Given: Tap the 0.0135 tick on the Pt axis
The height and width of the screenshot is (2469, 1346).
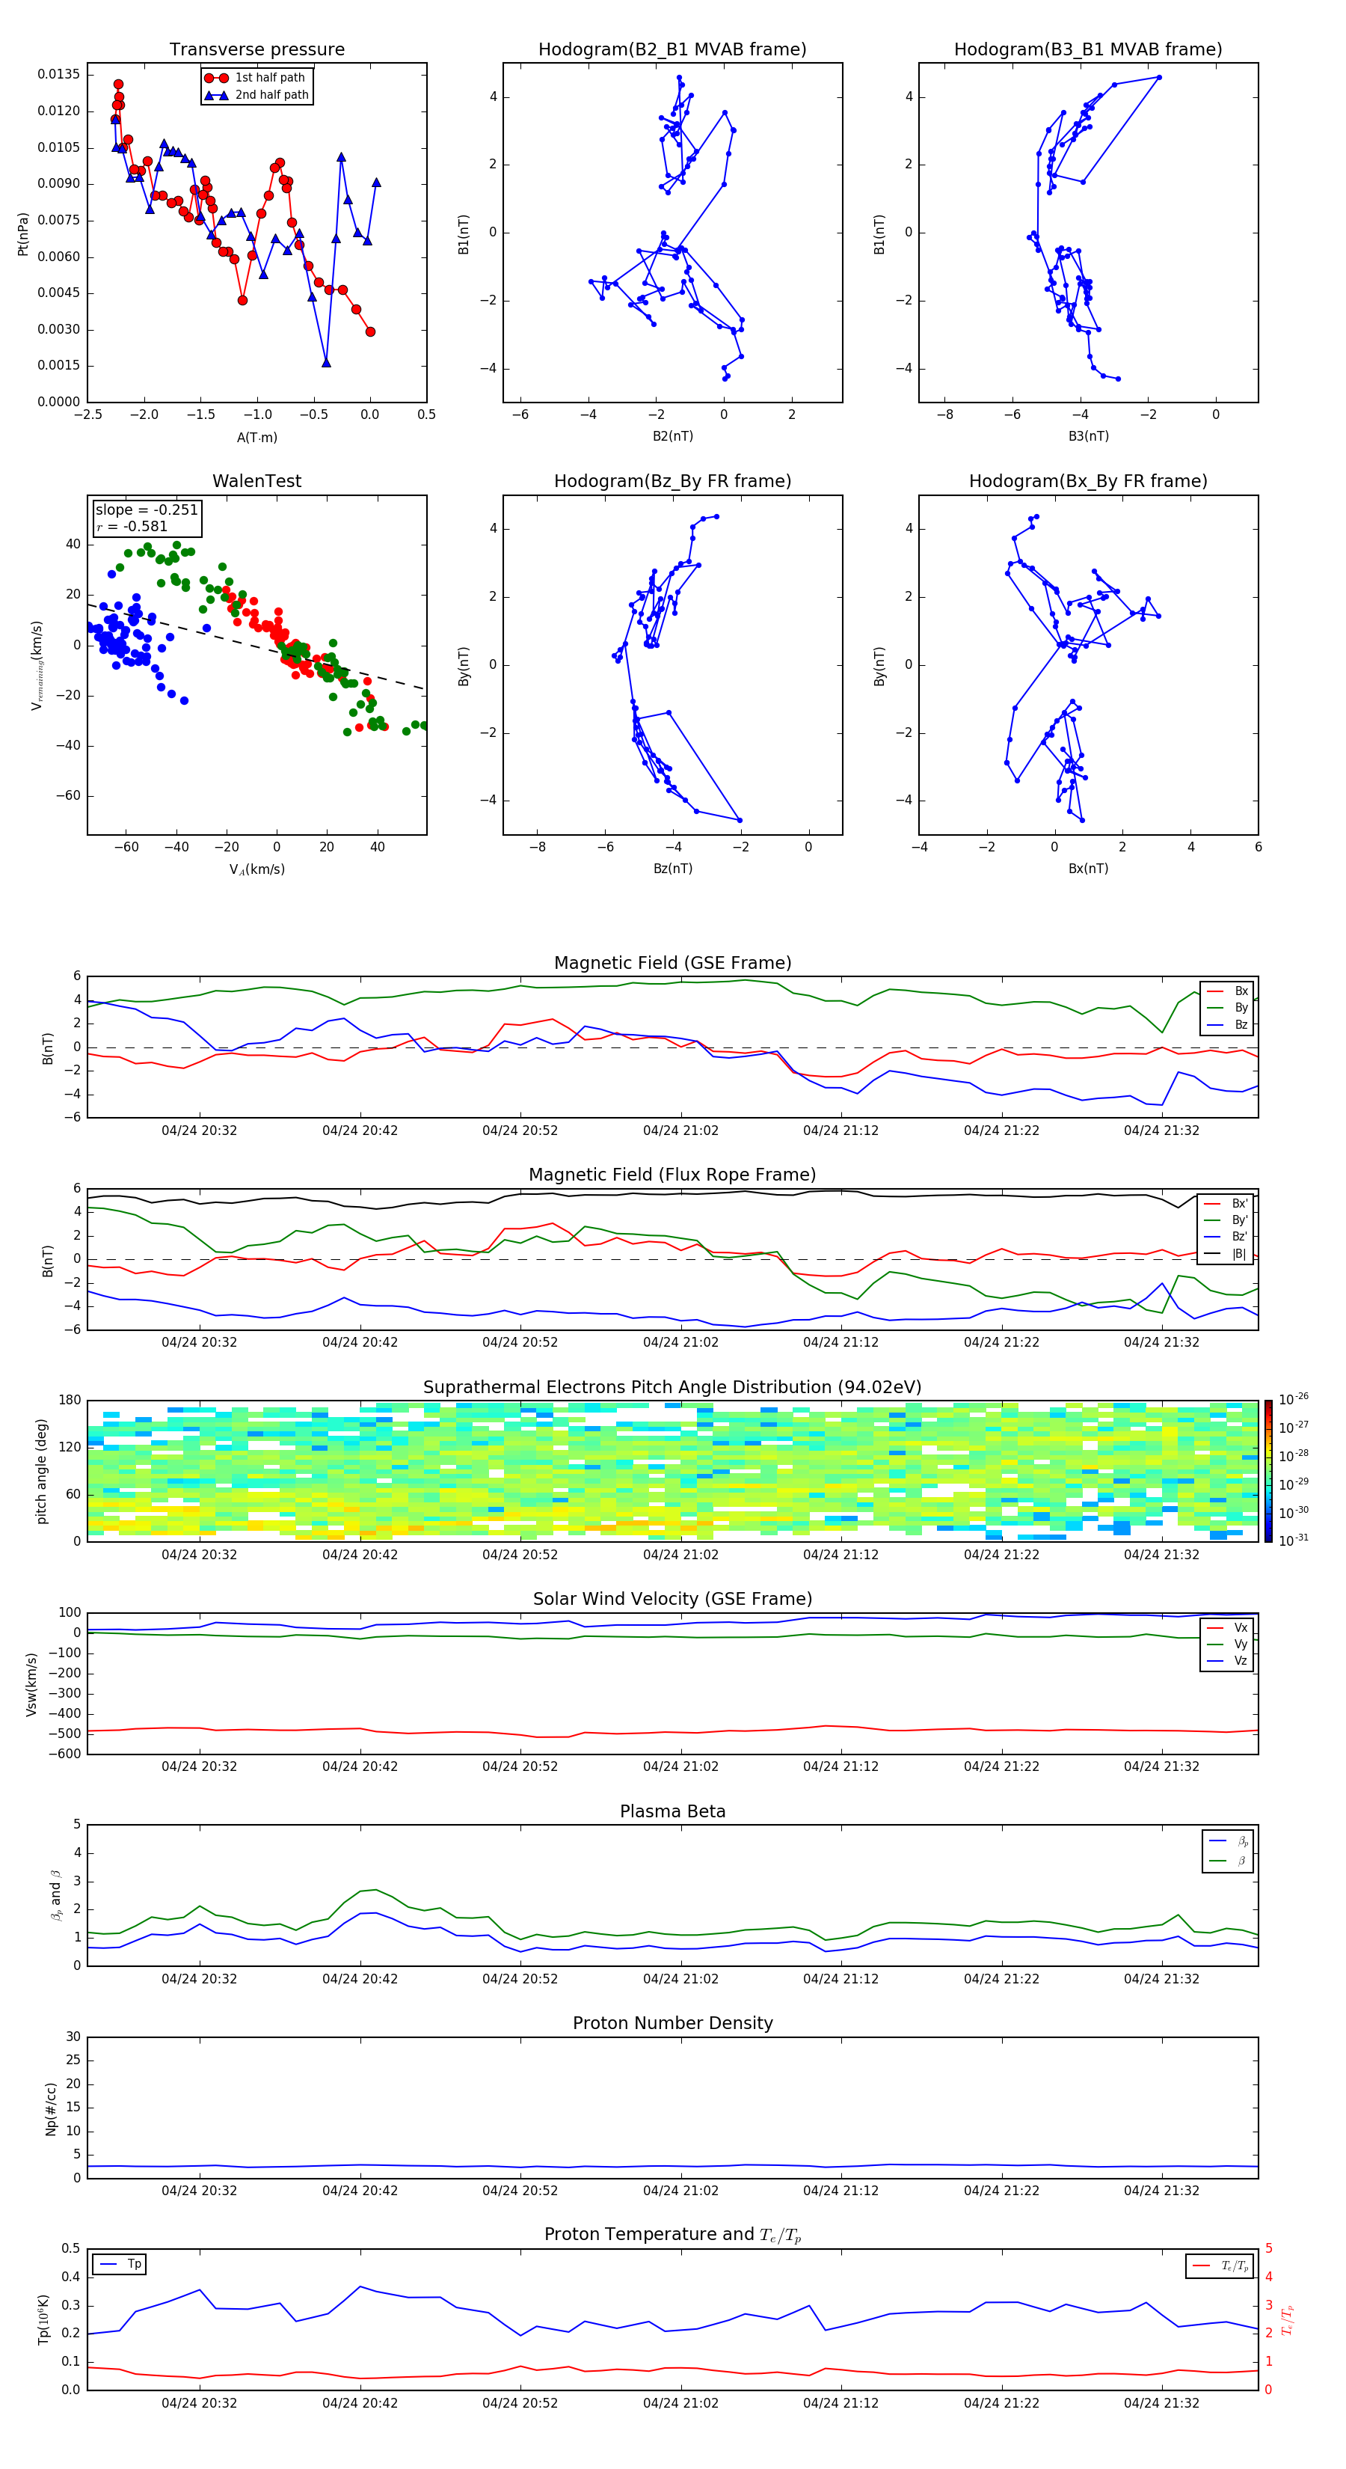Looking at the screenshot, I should coord(58,75).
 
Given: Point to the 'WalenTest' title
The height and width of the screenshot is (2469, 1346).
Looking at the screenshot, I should coord(256,481).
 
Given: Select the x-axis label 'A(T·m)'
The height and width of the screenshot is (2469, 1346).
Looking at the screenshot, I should coord(256,438).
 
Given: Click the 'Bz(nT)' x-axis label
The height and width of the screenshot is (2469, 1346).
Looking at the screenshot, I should coord(672,869).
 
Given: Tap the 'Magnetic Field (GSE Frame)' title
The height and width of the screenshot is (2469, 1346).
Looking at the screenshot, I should coord(672,963).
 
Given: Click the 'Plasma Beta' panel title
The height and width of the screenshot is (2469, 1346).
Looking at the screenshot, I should coord(672,1811).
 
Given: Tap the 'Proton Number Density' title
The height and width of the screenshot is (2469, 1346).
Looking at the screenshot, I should coord(672,2023).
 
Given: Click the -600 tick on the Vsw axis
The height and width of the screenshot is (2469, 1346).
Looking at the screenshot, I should coord(64,1754).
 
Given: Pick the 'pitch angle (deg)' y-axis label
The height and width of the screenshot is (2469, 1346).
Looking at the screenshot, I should coord(41,1471).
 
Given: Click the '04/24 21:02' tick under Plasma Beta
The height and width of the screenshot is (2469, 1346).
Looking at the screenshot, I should coord(680,1978).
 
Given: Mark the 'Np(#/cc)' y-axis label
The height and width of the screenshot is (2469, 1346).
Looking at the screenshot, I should coord(51,2108).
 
